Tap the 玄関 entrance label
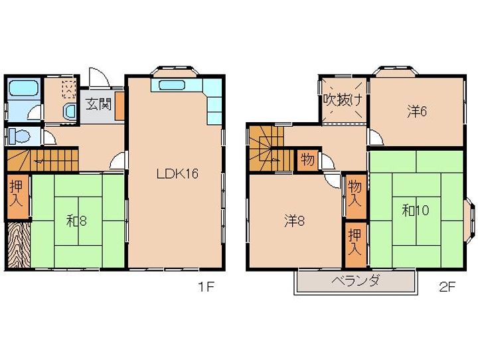click(98, 104)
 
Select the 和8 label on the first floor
click(76, 221)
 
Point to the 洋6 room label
click(417, 112)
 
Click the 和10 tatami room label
click(416, 210)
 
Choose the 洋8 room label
click(295, 221)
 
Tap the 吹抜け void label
click(343, 100)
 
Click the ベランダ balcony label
click(355, 280)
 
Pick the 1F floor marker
click(206, 287)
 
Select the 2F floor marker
click(447, 287)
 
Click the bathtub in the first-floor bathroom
click(23, 88)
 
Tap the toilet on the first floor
click(19, 135)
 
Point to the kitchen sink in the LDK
click(172, 84)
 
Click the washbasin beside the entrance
click(70, 112)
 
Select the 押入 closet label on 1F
click(16, 194)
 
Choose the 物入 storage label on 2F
click(355, 193)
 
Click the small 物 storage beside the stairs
click(307, 159)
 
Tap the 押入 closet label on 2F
click(355, 242)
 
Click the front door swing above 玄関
click(99, 78)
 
